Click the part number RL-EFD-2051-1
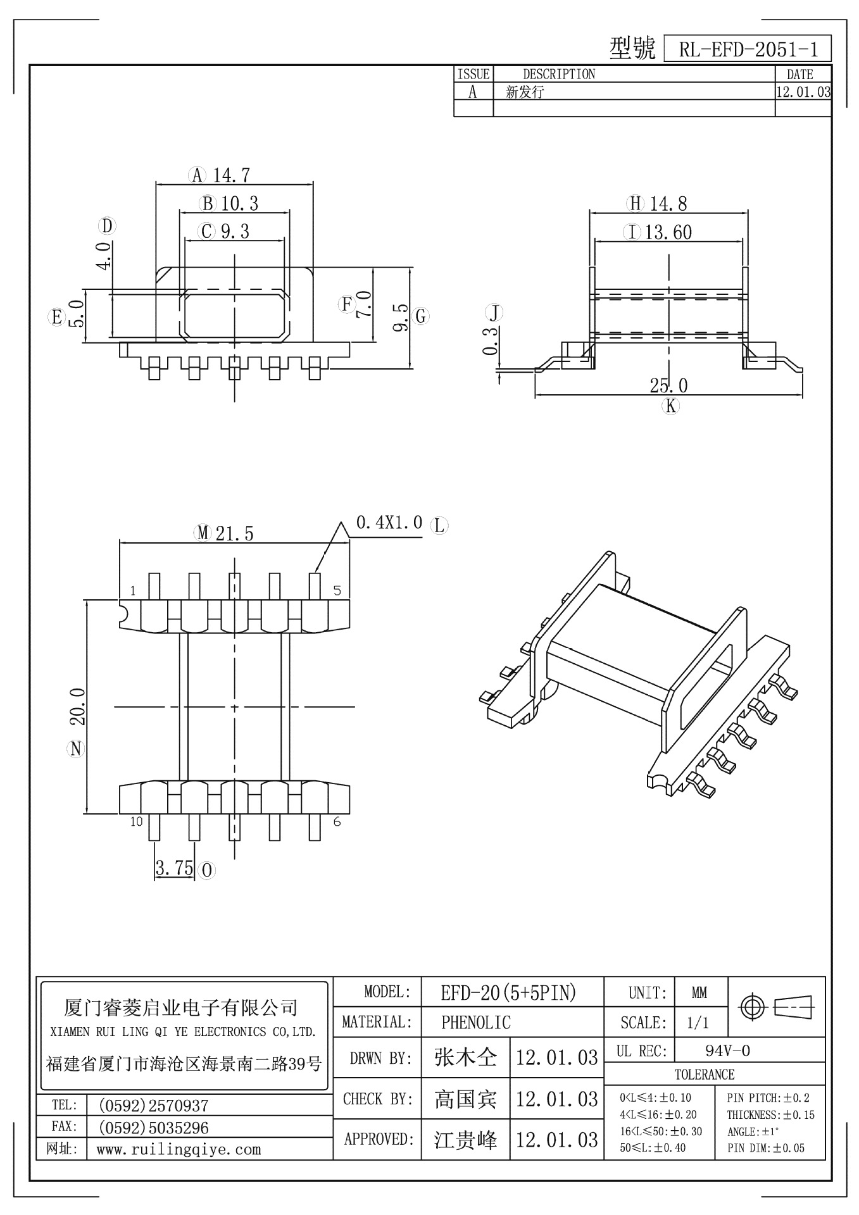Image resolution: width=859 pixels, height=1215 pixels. click(x=748, y=49)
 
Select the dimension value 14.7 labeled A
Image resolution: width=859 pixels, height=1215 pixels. click(x=232, y=175)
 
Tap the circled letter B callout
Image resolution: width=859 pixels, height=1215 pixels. click(x=208, y=204)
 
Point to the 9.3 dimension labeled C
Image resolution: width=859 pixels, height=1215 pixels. click(x=235, y=232)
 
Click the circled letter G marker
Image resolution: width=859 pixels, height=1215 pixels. click(x=421, y=316)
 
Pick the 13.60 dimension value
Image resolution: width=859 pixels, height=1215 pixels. click(x=668, y=233)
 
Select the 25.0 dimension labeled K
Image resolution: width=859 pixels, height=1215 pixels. click(x=668, y=385)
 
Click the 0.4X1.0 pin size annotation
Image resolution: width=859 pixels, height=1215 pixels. click(x=389, y=523)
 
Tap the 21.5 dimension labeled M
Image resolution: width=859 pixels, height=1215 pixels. click(x=234, y=533)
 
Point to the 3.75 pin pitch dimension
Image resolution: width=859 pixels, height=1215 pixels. click(x=174, y=868)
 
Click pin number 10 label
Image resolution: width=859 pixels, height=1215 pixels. click(x=136, y=822)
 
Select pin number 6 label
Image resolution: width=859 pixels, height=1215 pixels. click(x=337, y=821)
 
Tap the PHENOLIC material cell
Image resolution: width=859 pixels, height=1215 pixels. click(x=475, y=1022)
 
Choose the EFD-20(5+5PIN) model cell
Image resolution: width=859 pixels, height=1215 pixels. click(x=508, y=993)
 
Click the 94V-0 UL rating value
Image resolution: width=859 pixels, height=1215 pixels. click(x=727, y=1051)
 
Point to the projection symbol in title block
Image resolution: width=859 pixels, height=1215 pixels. click(x=777, y=1006)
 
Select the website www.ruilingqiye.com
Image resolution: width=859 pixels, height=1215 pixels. click(x=179, y=1149)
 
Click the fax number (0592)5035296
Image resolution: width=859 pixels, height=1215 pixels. click(x=154, y=1128)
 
